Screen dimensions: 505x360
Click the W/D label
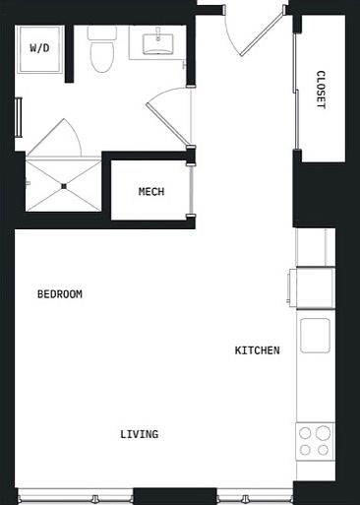39,48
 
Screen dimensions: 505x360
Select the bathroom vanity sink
156,44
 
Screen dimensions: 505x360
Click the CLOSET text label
321,90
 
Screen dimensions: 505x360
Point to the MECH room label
150,192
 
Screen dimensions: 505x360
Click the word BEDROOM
59,294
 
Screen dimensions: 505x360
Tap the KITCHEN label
257,350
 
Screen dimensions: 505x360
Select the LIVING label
140,434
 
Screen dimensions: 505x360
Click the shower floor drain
64,185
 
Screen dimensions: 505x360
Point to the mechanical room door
192,187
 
